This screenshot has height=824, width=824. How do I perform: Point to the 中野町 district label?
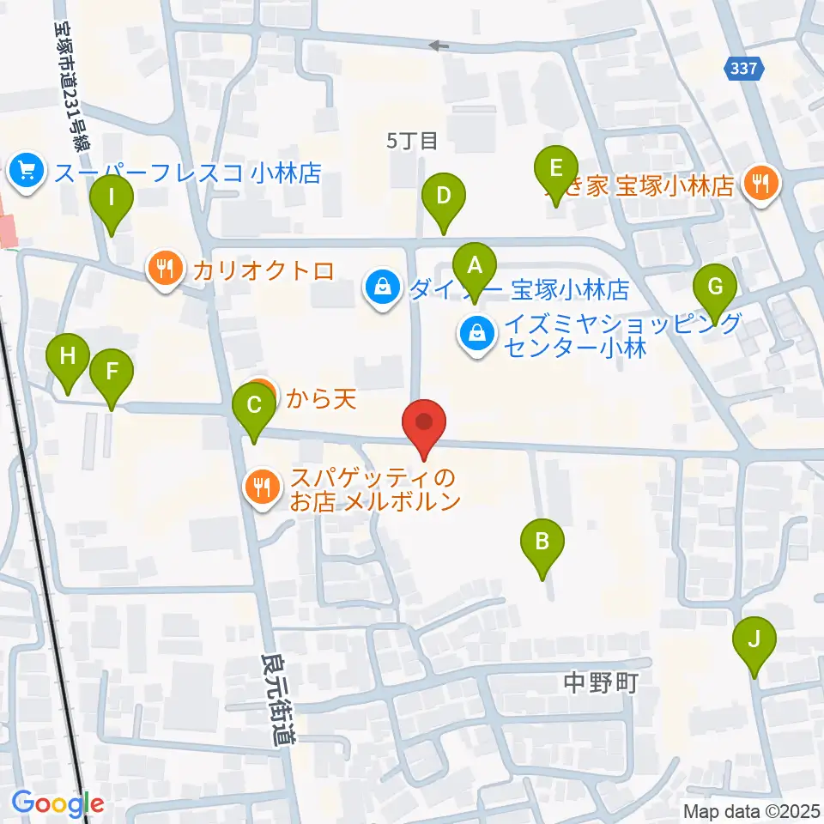coord(601,682)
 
